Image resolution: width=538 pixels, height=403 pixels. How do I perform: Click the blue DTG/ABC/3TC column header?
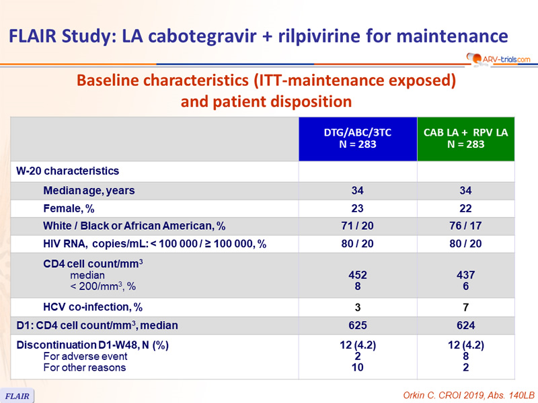pos(358,139)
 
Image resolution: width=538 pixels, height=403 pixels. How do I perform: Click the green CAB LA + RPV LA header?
pos(465,139)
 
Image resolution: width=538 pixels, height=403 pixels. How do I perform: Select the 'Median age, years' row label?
pos(89,191)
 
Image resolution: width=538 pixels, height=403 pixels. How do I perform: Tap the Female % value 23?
pos(357,208)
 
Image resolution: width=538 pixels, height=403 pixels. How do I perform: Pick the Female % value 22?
pos(465,208)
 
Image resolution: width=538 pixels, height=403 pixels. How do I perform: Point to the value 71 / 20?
pos(357,226)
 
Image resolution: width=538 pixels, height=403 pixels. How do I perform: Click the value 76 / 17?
pos(465,226)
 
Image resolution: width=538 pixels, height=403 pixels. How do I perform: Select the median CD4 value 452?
pos(358,275)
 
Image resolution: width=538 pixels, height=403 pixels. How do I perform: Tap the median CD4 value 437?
pos(465,275)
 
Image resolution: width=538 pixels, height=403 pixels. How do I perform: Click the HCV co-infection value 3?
pos(358,308)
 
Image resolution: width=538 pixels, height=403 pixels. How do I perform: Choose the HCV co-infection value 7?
pos(465,308)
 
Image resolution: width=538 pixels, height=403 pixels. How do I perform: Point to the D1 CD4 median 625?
pos(358,325)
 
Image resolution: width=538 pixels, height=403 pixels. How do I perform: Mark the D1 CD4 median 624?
pos(465,325)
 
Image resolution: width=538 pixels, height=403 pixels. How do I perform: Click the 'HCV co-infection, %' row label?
pos(93,307)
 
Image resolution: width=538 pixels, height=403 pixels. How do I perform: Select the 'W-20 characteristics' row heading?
pos(68,171)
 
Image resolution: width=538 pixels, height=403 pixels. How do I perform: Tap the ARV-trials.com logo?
pos(498,59)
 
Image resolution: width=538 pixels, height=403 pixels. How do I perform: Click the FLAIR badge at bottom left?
pos(17,396)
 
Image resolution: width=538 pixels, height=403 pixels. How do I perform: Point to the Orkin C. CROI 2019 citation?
pos(469,395)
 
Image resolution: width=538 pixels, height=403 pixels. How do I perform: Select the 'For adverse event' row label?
pos(85,357)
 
